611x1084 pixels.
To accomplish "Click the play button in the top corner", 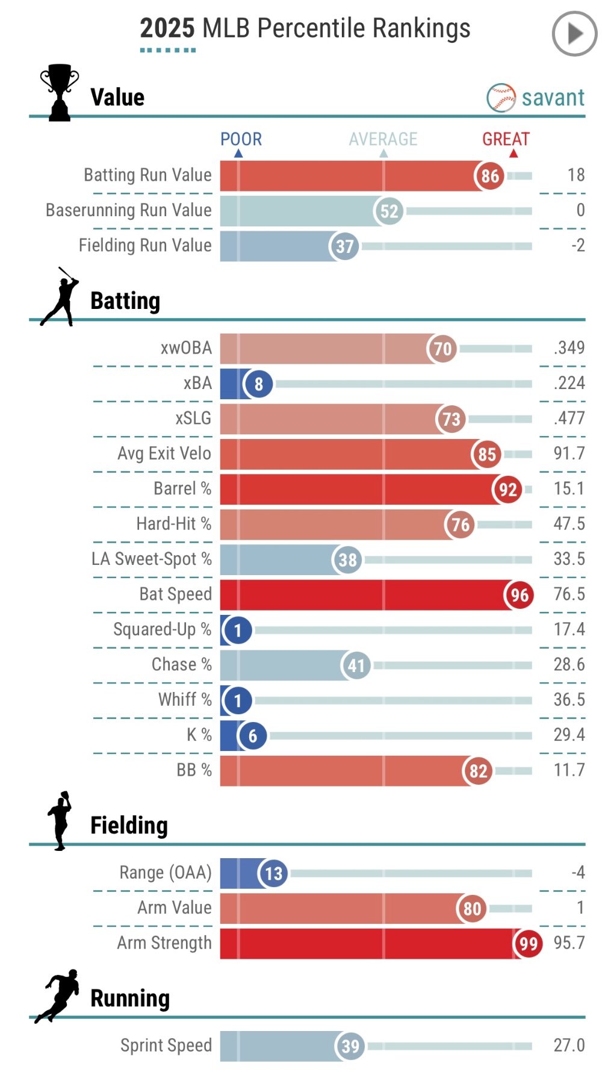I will tap(574, 34).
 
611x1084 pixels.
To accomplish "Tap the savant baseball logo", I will tap(501, 98).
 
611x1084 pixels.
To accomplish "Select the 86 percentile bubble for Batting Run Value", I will tap(489, 176).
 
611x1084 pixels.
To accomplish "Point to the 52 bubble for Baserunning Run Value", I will tap(389, 211).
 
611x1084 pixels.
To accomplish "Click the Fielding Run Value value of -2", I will tap(578, 245).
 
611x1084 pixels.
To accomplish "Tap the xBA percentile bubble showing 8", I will tap(258, 384).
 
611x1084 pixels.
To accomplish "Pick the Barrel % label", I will tap(182, 488).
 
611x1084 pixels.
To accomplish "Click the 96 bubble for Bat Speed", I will tap(519, 595).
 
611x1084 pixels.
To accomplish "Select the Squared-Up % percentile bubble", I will tap(238, 630).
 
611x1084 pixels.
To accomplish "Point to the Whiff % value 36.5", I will tap(569, 700).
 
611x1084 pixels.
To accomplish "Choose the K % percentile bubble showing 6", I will tap(252, 735).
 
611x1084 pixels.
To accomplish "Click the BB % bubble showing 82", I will tap(478, 771).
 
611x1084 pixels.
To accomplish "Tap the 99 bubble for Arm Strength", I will tap(528, 943).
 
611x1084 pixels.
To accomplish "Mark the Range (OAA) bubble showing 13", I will tap(273, 873).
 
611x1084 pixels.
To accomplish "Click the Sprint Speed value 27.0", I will tap(569, 1045).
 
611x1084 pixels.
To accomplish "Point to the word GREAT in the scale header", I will tap(506, 139).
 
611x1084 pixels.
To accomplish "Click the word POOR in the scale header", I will tap(241, 139).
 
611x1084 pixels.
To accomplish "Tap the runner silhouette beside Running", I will tap(57, 995).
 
